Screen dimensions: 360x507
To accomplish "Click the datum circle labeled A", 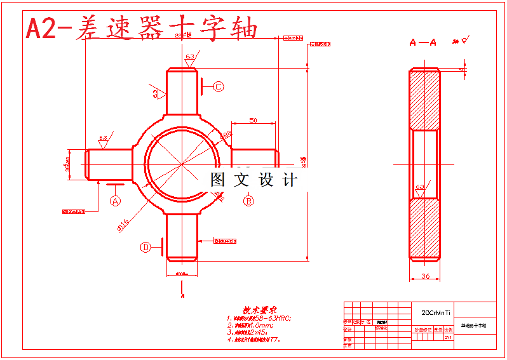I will pos(115,201).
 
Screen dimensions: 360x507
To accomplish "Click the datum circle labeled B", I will pos(249,201).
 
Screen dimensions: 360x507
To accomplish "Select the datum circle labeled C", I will pos(218,87).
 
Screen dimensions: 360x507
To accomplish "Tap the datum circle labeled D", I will pos(145,247).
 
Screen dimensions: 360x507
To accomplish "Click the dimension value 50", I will pos(253,119).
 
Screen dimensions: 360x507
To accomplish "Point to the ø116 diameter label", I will pos(123,224).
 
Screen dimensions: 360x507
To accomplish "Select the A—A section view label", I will pos(422,43).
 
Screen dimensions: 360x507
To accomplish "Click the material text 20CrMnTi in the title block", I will pos(436,312).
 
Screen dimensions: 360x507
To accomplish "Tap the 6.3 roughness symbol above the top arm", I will pos(190,57).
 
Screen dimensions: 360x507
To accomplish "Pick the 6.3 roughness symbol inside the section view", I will pos(420,187).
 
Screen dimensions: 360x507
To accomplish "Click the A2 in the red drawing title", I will pos(41,29).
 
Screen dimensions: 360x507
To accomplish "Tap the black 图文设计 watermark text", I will pos(253,180).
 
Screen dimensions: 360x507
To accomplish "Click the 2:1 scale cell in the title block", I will pos(448,338).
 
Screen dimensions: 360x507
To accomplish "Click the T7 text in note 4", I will pos(274,340).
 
